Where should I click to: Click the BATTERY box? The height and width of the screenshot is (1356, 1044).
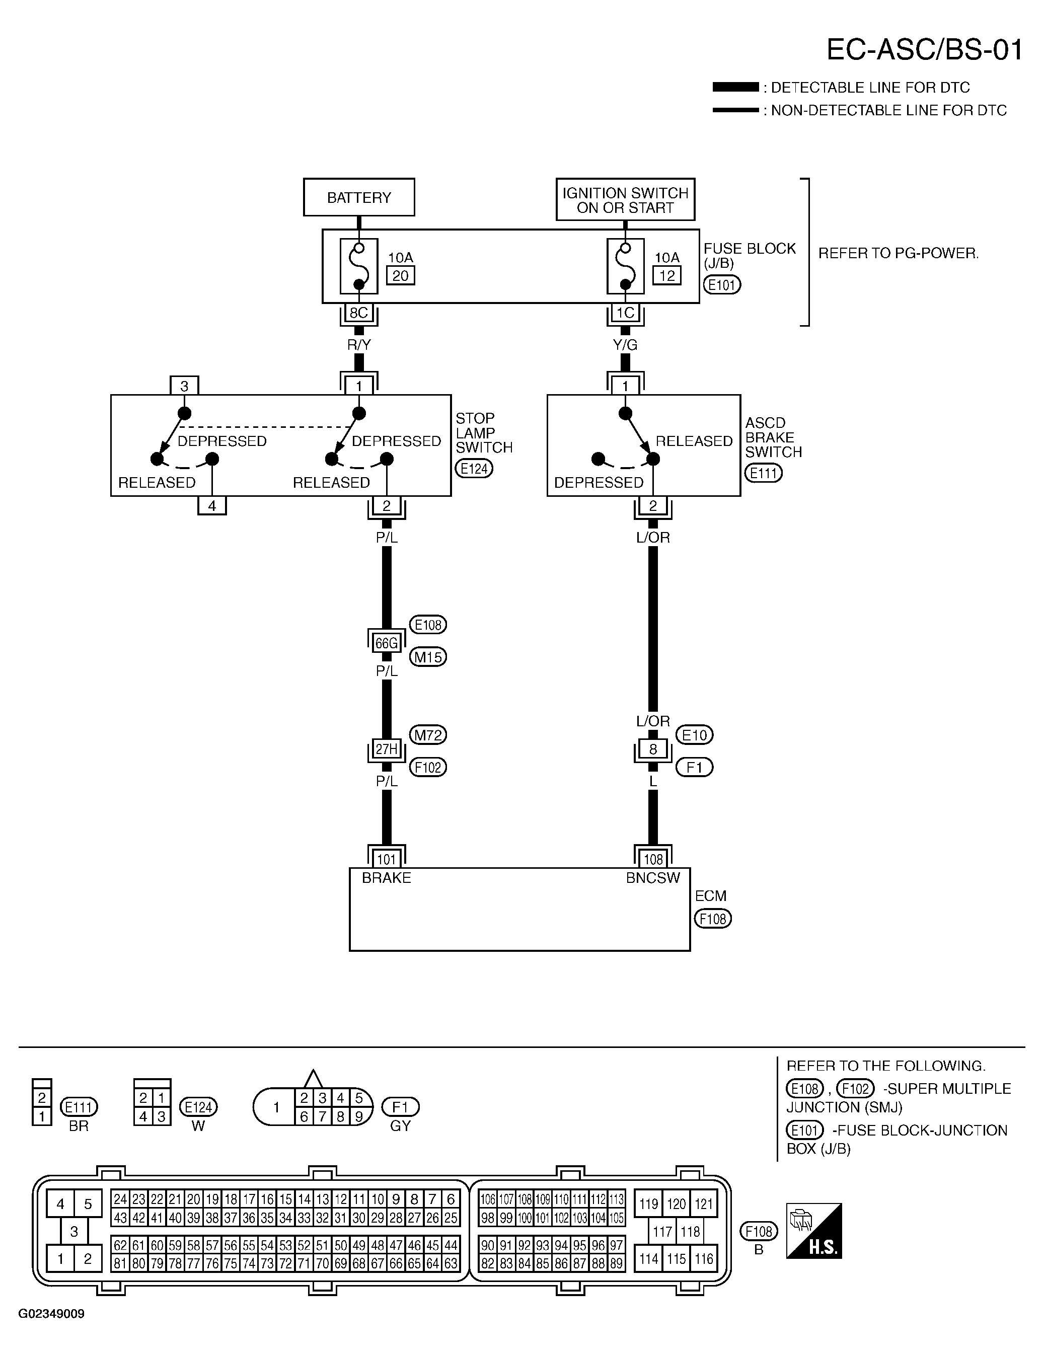click(x=359, y=197)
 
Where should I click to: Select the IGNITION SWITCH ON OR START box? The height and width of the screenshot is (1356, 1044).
click(x=625, y=199)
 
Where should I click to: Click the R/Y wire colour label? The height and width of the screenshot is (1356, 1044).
click(x=359, y=345)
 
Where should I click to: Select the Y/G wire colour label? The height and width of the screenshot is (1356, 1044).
click(x=625, y=345)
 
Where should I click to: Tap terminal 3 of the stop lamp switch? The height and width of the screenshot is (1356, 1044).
click(x=184, y=386)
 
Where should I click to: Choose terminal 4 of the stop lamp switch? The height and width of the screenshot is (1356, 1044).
click(x=212, y=505)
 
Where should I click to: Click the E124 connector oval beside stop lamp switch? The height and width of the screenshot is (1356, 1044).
click(x=474, y=469)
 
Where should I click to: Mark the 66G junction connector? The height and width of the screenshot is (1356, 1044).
click(x=386, y=643)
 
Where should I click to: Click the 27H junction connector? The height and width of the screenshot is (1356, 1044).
click(x=386, y=749)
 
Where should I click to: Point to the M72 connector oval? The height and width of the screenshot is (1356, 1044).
click(x=428, y=735)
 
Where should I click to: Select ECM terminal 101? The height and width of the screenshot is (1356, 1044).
click(x=386, y=859)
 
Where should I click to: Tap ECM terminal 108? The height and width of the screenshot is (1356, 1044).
click(x=653, y=859)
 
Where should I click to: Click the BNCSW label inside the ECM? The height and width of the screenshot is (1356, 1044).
click(x=653, y=878)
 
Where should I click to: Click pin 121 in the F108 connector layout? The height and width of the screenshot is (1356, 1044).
click(x=704, y=1204)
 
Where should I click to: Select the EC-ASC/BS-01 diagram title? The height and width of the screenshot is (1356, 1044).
click(x=924, y=50)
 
